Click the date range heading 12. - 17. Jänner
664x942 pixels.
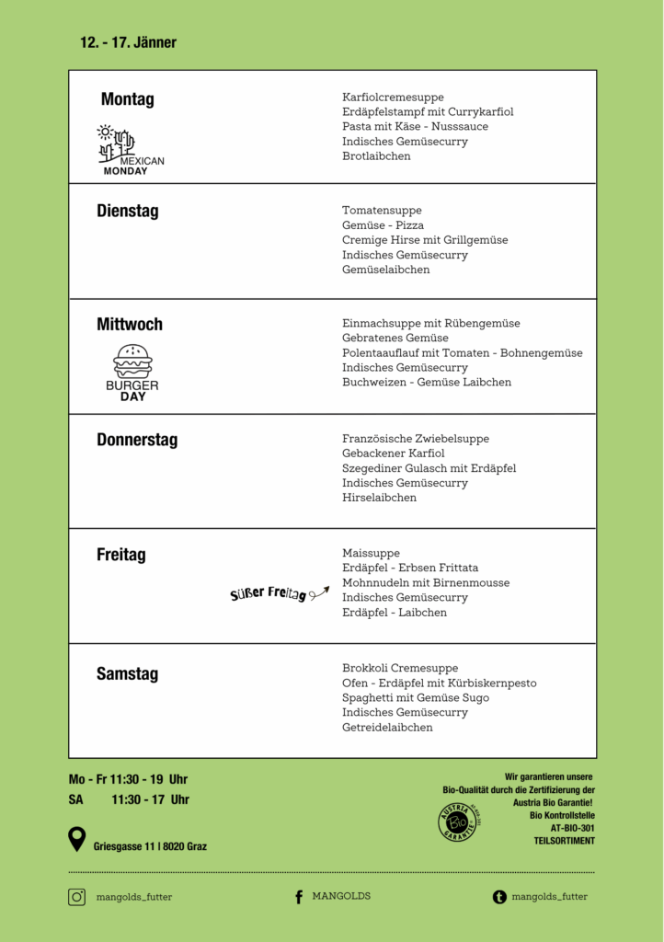pyautogui.click(x=128, y=42)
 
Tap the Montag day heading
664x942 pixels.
pyautogui.click(x=128, y=99)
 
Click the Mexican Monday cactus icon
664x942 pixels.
pyautogui.click(x=117, y=140)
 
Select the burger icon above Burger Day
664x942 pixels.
pyautogui.click(x=132, y=361)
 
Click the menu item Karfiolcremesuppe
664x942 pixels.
pyautogui.click(x=393, y=97)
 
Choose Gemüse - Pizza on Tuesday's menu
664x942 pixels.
pyautogui.click(x=383, y=225)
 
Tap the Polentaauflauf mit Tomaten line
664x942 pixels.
pyautogui.click(x=462, y=352)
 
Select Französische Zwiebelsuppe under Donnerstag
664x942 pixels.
pyautogui.click(x=416, y=439)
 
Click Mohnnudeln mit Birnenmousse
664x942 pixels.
pyautogui.click(x=426, y=582)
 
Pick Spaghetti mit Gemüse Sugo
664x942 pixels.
pyautogui.click(x=416, y=697)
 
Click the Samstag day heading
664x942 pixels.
pyautogui.click(x=127, y=674)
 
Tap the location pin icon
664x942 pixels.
pyautogui.click(x=77, y=839)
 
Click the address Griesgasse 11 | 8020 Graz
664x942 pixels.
pyautogui.click(x=150, y=846)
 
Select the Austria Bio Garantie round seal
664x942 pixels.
pyautogui.click(x=457, y=821)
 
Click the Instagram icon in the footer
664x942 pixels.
pyautogui.click(x=76, y=897)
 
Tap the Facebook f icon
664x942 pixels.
pyautogui.click(x=299, y=897)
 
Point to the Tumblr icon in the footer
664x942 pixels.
pyautogui.click(x=499, y=897)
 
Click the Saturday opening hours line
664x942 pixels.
pyautogui.click(x=129, y=799)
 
